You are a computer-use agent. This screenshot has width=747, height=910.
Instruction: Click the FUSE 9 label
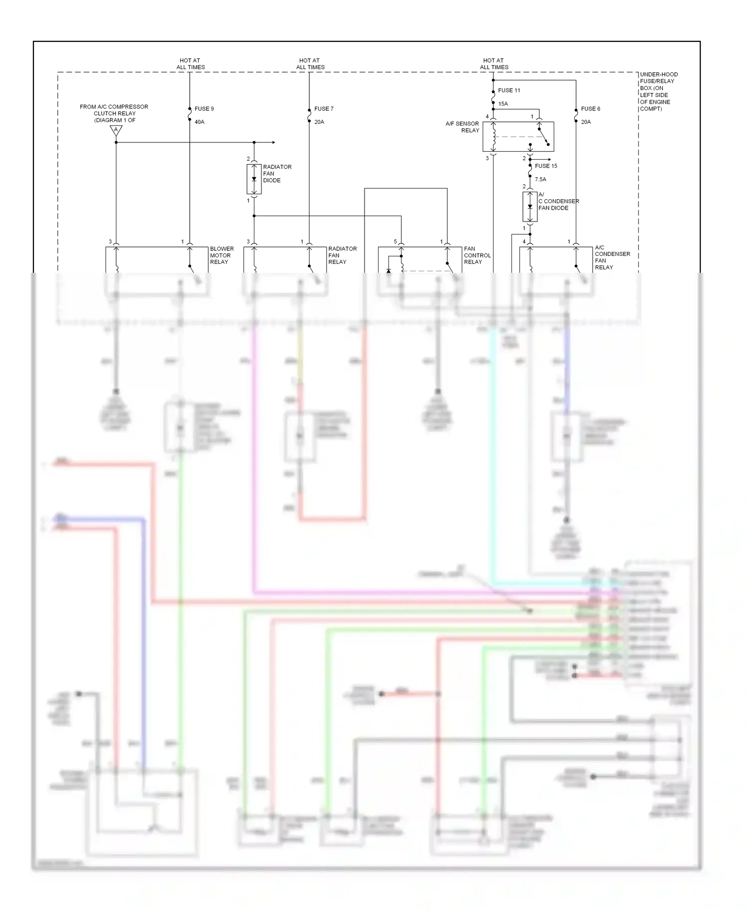[204, 109]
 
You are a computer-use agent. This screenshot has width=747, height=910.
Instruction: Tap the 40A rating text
[199, 122]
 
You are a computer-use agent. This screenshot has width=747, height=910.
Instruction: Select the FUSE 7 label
[324, 109]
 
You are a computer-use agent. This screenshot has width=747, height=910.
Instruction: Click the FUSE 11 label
[509, 91]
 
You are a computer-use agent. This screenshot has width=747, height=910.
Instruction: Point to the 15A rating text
[503, 104]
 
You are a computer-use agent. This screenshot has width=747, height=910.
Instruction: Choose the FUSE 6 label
[591, 109]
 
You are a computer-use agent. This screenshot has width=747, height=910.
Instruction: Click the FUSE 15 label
[546, 166]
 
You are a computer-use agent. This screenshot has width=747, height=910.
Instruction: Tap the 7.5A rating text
[540, 179]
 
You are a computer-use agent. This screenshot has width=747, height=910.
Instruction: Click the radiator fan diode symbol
[254, 179]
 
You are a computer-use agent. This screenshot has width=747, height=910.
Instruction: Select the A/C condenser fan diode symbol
[530, 207]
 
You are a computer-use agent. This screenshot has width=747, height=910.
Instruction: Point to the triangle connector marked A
[116, 131]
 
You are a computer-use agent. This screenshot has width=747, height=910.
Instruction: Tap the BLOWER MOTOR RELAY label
[222, 255]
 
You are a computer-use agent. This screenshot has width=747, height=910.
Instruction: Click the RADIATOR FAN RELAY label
[342, 255]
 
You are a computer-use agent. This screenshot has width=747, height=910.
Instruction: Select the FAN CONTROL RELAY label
[477, 255]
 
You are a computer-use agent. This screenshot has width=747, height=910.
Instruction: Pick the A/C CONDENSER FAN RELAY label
[612, 257]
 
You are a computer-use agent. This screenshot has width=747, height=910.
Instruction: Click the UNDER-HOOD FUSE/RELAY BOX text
[658, 92]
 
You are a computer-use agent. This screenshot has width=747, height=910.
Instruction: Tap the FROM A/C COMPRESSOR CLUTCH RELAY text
[114, 114]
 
